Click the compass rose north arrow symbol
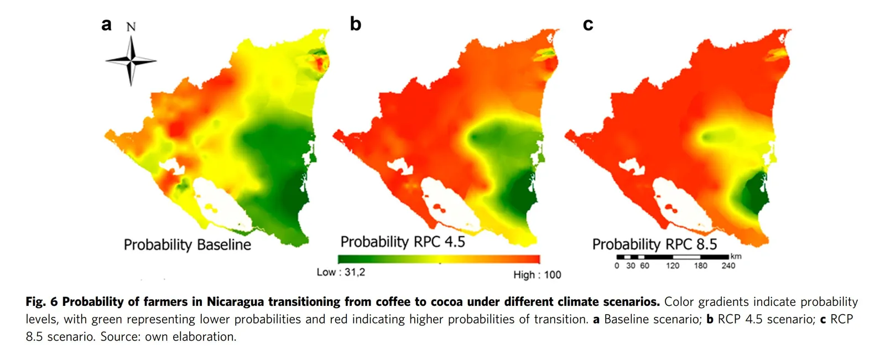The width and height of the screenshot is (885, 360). point(131,61)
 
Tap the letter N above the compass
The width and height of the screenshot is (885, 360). point(131,27)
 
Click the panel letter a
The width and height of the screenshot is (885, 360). point(106,24)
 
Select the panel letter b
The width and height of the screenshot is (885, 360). point(355,24)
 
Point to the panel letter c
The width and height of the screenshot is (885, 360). point(588,24)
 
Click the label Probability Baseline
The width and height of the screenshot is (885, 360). point(187,244)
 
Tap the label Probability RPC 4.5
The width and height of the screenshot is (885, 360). point(403,242)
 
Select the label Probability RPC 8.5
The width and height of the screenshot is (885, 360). point(654,244)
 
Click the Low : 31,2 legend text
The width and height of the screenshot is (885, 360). point(341,272)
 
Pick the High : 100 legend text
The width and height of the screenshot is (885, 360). point(537,275)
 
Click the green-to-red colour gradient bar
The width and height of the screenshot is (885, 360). point(439,259)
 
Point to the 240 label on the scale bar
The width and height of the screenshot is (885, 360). point(728,266)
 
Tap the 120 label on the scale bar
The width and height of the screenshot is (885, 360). point(673,266)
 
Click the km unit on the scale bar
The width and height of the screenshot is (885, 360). point(736,256)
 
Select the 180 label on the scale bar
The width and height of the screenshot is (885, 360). point(700,266)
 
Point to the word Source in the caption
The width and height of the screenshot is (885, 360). point(119,337)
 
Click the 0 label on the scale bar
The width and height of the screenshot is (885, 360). point(617,266)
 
